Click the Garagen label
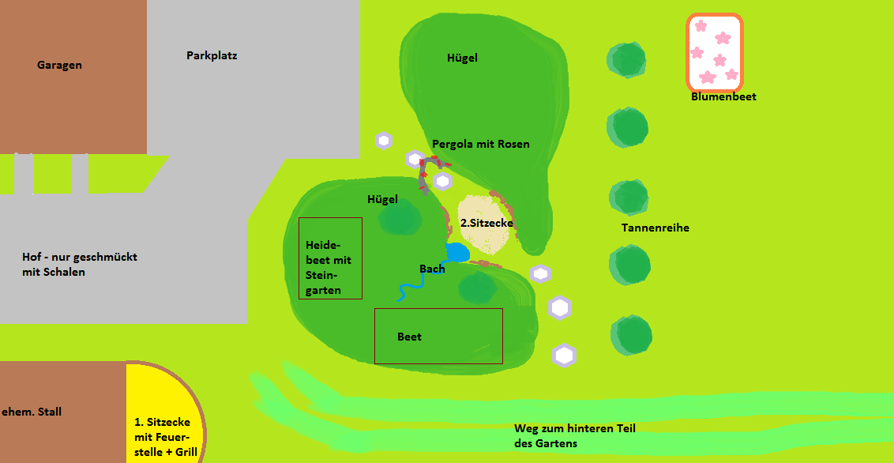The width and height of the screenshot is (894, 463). [59, 66]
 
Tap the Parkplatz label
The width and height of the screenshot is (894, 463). [212, 56]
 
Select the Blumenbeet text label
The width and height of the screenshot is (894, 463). [723, 97]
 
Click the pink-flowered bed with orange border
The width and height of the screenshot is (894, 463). [715, 52]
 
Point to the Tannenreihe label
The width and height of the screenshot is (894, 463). [655, 228]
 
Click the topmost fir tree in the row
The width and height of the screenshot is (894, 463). [627, 60]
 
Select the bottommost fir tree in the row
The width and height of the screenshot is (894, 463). [631, 336]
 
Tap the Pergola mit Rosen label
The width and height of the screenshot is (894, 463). [480, 145]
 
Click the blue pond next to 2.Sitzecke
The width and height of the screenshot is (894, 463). [456, 253]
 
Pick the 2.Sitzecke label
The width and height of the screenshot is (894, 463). [486, 224]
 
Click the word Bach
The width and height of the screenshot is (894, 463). [432, 269]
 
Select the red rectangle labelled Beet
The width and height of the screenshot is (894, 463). [438, 336]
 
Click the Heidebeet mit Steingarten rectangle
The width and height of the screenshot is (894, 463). [330, 258]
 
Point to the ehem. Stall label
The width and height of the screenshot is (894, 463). [32, 412]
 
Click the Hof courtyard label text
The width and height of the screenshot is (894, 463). [79, 265]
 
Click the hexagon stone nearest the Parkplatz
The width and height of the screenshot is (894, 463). [384, 141]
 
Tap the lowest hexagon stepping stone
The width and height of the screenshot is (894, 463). [564, 356]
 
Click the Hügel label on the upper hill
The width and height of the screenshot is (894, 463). [462, 58]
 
